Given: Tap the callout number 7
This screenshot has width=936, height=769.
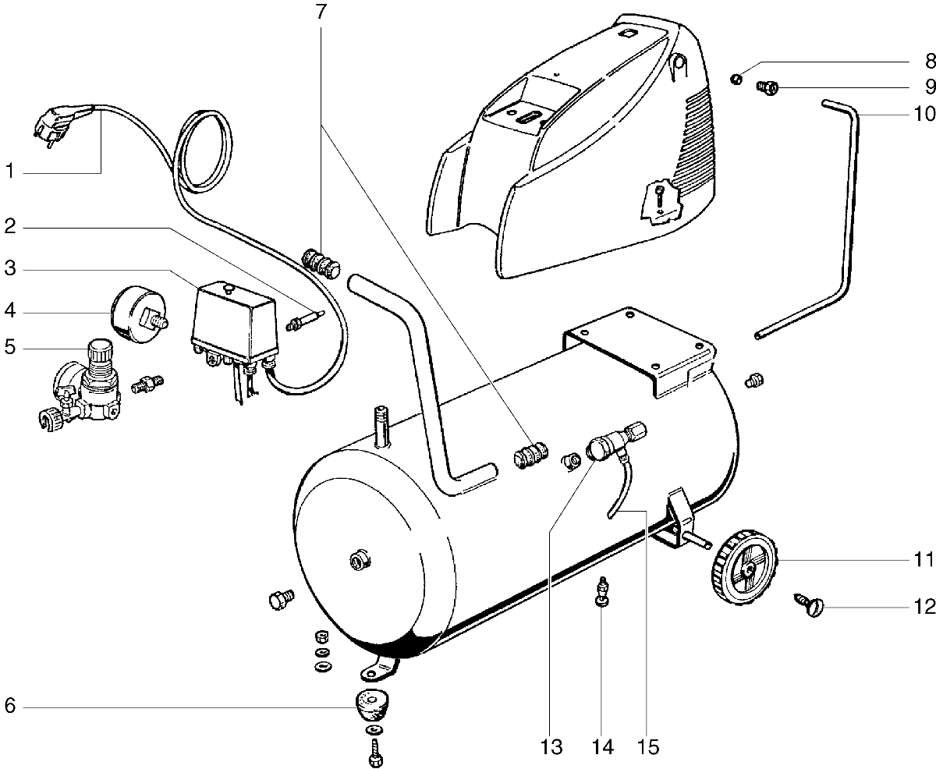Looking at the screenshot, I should click(322, 12).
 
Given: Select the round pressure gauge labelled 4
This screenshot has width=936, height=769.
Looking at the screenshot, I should click(133, 311).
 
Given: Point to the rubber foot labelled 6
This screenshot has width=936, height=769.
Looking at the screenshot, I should click(373, 707).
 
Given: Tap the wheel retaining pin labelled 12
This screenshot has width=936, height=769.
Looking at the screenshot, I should click(809, 604).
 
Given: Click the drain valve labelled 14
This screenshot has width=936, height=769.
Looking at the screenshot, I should click(601, 590).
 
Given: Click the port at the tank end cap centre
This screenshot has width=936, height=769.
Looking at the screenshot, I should click(359, 559).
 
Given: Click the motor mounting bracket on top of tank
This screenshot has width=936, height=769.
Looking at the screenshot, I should click(640, 347).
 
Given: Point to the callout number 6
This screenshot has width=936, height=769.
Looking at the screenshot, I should click(10, 707).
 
